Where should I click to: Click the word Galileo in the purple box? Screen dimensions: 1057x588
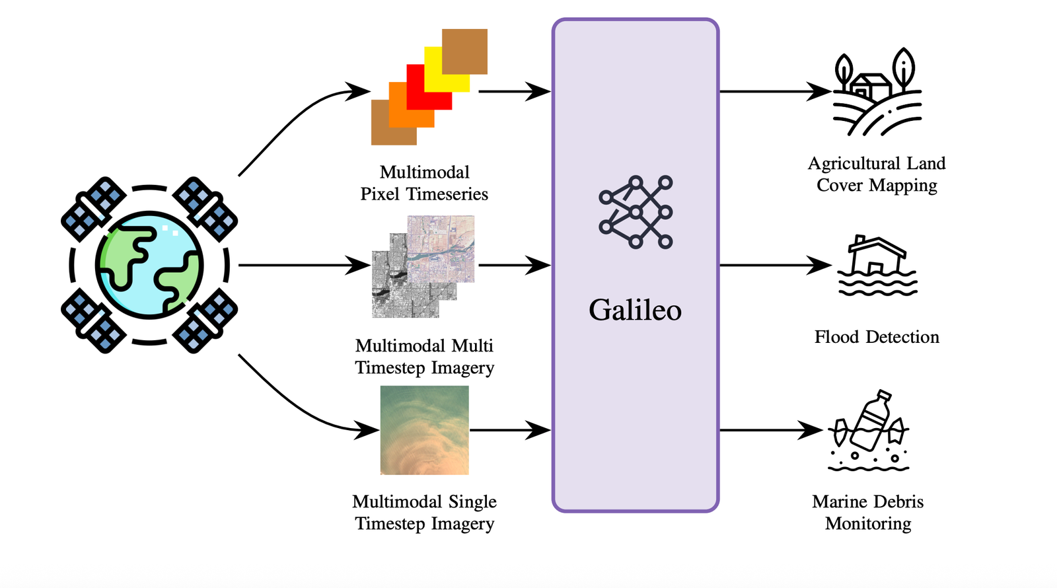tap(635, 310)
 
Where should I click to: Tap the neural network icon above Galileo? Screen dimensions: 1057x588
tap(636, 212)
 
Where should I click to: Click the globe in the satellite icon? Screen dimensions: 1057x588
tap(149, 265)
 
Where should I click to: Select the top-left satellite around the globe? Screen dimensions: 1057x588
tap(93, 209)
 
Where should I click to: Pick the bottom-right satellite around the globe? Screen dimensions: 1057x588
tap(205, 320)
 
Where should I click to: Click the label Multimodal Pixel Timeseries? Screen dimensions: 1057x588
tap(424, 182)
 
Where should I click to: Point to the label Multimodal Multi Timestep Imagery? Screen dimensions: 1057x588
tap(424, 356)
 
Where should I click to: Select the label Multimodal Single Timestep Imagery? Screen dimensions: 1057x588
tap(424, 512)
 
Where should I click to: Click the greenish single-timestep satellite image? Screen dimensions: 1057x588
tap(425, 430)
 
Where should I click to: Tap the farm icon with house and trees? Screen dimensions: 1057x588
tap(877, 92)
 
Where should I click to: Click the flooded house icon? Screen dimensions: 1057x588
tap(877, 265)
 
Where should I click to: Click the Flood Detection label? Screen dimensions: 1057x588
tap(877, 337)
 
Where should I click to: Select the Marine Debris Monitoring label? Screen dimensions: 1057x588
tap(868, 512)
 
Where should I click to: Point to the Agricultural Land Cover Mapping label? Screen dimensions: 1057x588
tap(877, 174)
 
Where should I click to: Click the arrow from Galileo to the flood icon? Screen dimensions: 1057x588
tap(776, 265)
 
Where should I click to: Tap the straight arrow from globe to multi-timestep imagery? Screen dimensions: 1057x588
tap(305, 265)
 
